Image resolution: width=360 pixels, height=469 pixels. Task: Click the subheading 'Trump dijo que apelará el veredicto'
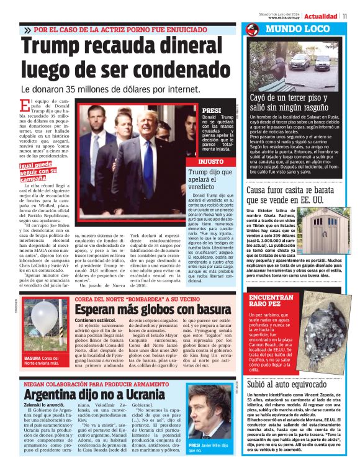tap(210, 180)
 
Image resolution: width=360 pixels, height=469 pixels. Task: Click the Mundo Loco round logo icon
tap(251, 29)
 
